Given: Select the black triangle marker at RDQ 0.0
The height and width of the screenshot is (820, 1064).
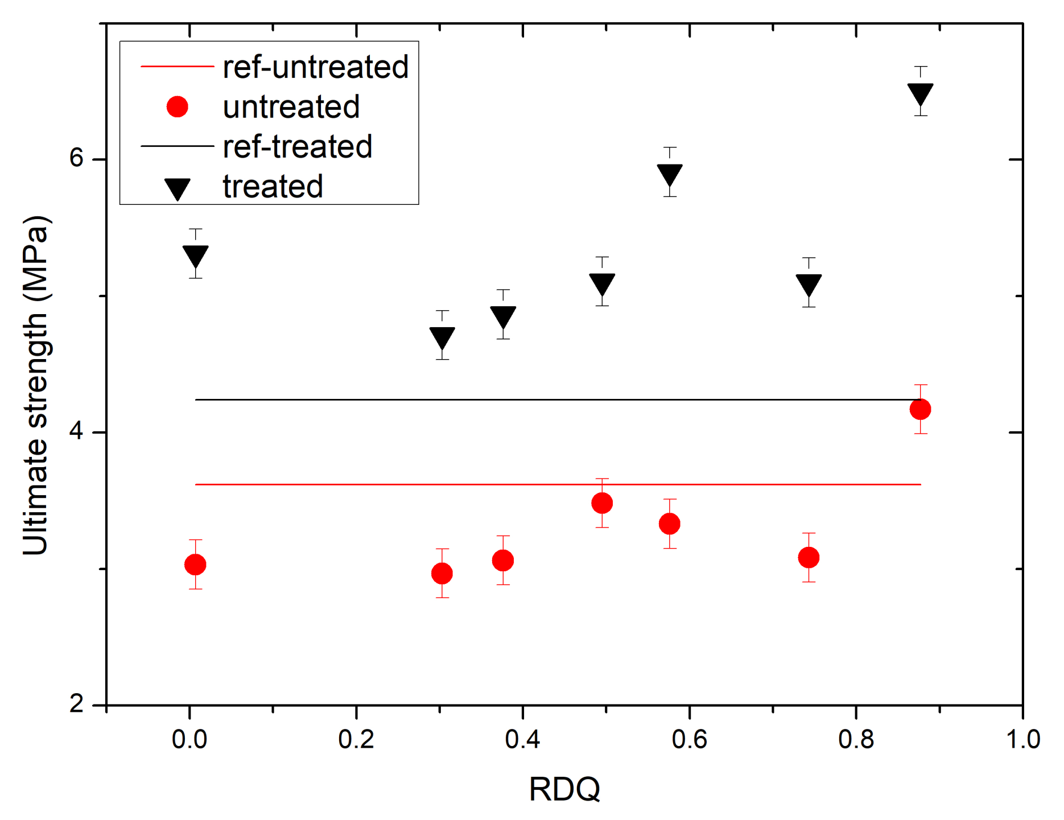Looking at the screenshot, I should point(195,256).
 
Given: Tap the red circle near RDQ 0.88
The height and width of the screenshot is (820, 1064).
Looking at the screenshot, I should point(920,409).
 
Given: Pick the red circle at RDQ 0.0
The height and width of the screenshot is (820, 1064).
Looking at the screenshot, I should point(195,564).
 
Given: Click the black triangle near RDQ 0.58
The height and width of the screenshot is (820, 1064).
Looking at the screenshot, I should point(670,175).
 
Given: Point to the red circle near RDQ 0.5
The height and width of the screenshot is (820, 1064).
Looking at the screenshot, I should point(602,503).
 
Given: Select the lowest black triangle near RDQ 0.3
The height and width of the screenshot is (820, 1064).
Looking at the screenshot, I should point(442,337).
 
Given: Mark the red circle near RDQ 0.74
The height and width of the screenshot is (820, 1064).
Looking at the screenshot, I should point(809,557).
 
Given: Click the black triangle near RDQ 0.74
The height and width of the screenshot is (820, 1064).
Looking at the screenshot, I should point(809,285).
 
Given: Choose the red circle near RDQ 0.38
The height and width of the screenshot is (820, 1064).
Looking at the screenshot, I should point(503,561).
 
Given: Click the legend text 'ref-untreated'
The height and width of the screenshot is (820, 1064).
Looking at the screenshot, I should point(315,67).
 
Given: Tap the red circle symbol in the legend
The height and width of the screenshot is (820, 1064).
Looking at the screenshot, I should point(178,107).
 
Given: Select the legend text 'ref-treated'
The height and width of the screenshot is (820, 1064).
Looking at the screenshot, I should point(297,147).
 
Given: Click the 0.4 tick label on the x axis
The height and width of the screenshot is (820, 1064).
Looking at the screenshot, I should point(522,739).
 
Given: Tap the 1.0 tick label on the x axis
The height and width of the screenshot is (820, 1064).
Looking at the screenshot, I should point(1022,739).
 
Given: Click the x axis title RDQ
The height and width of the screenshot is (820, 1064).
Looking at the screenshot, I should point(564,789).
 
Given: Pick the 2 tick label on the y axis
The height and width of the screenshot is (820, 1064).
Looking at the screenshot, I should point(77,704).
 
